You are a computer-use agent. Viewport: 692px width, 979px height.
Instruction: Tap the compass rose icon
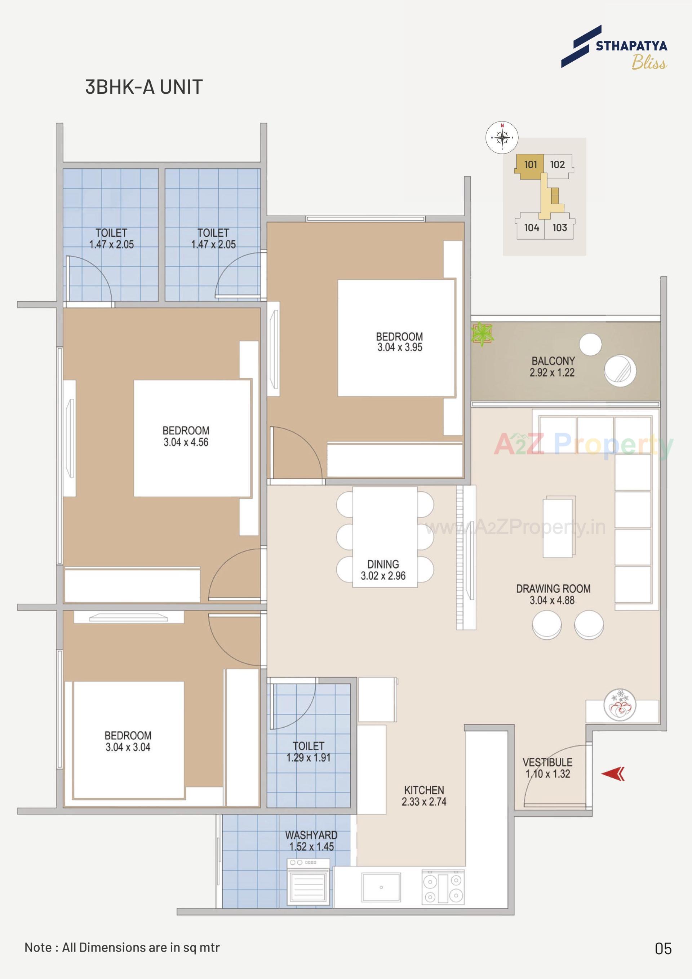tap(502, 137)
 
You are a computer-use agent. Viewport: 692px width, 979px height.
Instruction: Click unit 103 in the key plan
tap(559, 228)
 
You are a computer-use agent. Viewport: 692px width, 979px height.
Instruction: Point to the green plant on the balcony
tap(482, 333)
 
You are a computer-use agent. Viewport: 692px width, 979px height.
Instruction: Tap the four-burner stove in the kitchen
tap(443, 888)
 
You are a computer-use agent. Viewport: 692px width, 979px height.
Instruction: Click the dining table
tap(385, 536)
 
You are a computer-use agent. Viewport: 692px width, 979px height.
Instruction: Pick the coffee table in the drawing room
tap(559, 527)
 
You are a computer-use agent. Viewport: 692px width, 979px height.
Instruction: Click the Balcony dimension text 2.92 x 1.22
tap(552, 373)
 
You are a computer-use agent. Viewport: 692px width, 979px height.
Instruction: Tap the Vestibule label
tap(547, 762)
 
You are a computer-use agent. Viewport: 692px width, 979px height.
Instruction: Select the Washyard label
tap(311, 835)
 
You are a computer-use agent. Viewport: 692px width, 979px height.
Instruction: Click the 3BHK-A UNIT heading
tap(144, 87)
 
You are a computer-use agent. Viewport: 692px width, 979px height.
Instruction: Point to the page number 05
tap(663, 949)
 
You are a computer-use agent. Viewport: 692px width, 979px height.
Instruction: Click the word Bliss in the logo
tap(649, 63)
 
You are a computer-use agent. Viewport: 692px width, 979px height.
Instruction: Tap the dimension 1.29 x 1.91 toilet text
tap(308, 757)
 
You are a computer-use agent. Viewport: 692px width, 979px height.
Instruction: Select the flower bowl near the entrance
tap(620, 706)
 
